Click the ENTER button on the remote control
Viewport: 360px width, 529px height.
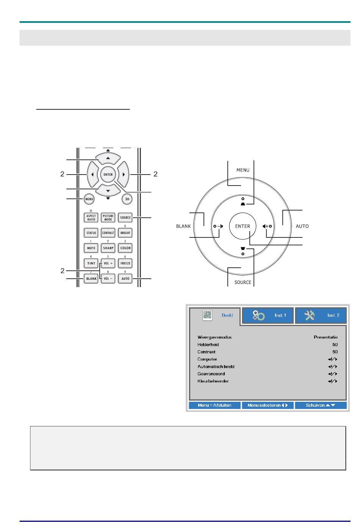click(108, 175)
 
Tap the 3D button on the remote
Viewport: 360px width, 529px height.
click(127, 199)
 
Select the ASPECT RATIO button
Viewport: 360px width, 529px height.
click(91, 217)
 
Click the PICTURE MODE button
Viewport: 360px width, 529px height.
click(108, 217)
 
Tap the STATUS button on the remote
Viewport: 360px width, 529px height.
click(91, 233)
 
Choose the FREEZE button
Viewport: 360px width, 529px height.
click(125, 263)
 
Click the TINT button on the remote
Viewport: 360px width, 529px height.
click(91, 263)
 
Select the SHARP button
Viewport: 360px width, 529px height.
click(108, 248)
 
